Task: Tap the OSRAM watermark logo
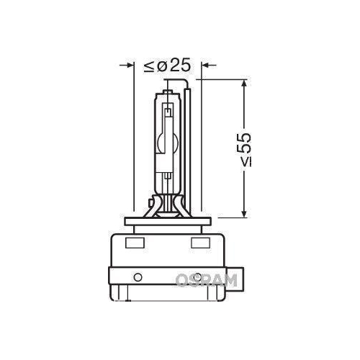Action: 206,279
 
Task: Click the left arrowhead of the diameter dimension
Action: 130,66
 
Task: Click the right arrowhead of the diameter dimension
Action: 206,66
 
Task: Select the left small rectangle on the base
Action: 134,243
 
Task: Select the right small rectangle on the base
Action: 197,243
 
